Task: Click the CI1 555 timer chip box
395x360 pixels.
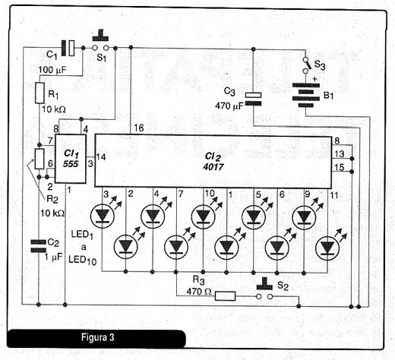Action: click(71, 159)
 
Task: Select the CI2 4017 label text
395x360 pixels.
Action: click(213, 162)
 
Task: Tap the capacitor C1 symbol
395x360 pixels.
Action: click(68, 48)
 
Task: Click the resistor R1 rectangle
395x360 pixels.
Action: click(39, 93)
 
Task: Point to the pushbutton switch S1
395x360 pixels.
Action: click(100, 43)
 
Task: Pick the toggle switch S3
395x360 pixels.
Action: click(306, 65)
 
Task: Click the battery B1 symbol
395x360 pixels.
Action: click(306, 95)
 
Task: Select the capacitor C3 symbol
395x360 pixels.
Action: click(253, 99)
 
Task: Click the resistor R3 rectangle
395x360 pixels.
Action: click(225, 296)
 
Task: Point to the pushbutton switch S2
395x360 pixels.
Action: click(264, 289)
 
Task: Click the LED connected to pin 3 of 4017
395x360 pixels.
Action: click(103, 216)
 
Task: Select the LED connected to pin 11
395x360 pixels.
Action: click(327, 248)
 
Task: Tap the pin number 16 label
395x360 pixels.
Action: click(139, 128)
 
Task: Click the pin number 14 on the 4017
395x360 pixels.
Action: click(100, 157)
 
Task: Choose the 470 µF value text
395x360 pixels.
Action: click(229, 106)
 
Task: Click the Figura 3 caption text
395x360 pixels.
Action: click(98, 337)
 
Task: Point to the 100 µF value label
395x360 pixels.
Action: click(52, 70)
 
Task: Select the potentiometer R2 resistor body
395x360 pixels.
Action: click(39, 159)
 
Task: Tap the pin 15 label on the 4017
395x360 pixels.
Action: click(340, 167)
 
